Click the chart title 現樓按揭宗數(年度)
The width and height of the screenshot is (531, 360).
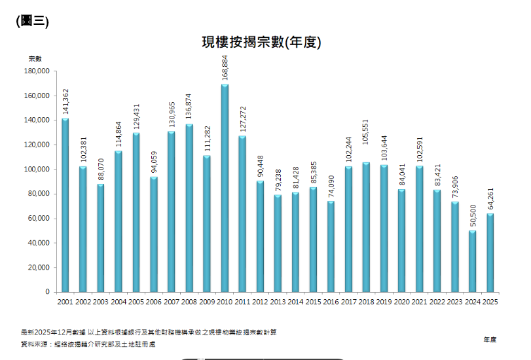click(261, 42)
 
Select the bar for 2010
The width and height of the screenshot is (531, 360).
click(225, 188)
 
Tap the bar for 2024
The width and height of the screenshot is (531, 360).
click(473, 261)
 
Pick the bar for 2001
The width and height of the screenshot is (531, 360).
click(65, 205)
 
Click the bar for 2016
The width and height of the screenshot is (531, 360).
click(331, 246)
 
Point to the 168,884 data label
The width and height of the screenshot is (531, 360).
click(225, 68)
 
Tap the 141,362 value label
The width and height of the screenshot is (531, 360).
click(65, 102)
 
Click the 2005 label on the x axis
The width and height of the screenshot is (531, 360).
click(136, 302)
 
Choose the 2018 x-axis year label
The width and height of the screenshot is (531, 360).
click(366, 302)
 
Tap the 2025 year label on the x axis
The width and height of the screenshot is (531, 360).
click(490, 302)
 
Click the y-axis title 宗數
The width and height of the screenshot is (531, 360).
click(35, 59)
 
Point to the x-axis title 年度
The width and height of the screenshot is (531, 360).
click(490, 339)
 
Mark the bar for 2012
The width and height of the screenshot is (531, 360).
click(260, 236)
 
